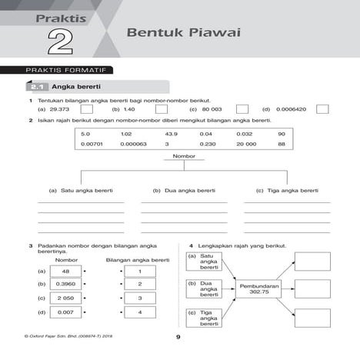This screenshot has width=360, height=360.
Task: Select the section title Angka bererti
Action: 82,87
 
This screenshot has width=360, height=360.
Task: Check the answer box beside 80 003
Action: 242,109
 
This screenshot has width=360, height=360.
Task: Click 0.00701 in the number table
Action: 92,144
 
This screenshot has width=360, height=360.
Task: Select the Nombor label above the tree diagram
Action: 185,156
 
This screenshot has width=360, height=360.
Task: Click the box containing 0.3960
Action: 65,284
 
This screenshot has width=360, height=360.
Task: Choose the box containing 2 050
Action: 65,298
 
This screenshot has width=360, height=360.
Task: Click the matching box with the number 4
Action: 140,312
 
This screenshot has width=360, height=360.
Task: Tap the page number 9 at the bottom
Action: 178,338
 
